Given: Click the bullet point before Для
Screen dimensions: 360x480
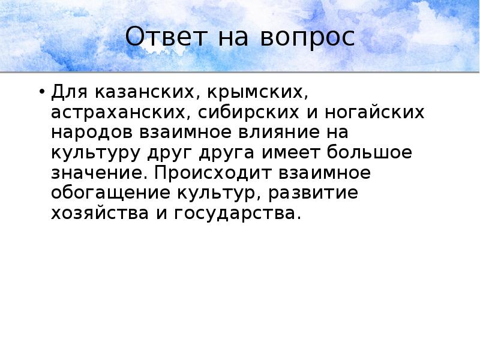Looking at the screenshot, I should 41,92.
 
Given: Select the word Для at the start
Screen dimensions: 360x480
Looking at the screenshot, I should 67,93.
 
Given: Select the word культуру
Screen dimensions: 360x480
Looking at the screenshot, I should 94,153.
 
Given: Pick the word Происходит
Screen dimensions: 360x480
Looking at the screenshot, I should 211,173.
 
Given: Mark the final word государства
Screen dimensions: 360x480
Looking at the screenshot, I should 238,213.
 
